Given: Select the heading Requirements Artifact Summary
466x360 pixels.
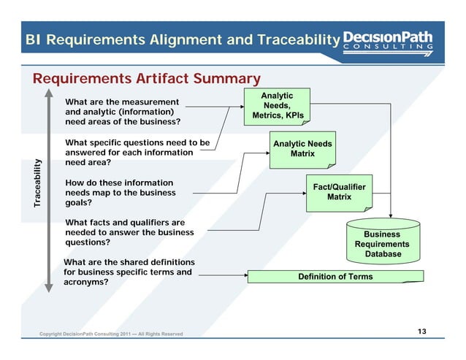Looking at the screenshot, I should [146, 78].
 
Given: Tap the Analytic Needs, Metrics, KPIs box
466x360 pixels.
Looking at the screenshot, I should [278, 106].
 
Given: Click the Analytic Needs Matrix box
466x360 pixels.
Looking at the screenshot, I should [302, 149].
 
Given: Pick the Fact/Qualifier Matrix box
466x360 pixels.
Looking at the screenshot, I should [339, 192].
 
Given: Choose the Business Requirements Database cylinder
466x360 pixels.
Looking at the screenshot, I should [382, 240].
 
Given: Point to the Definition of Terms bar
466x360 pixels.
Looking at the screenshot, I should [335, 277].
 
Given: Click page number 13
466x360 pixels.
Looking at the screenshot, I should [421, 332].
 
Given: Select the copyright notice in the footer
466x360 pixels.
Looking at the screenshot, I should [111, 334].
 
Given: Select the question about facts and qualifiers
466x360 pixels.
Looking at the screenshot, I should [129, 232].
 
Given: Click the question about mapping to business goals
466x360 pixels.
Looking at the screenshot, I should [121, 193].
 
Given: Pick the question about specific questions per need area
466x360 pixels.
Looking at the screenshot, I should [137, 153].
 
